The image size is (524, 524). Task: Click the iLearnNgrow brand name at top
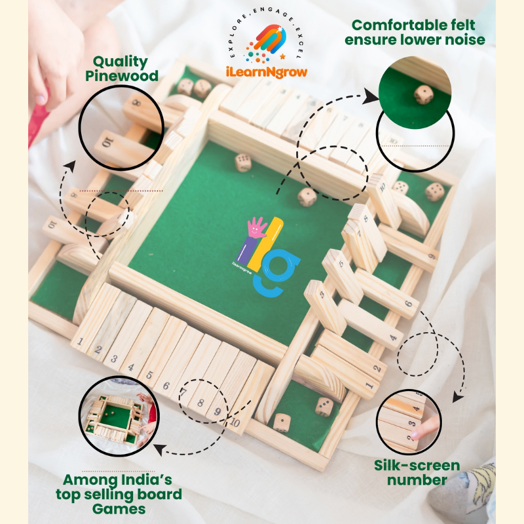[x=267, y=72]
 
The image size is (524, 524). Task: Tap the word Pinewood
[x=122, y=76]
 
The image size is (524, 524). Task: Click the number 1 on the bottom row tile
[x=80, y=341]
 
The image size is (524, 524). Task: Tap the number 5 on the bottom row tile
[x=149, y=375]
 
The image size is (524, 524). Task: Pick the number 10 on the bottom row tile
[x=234, y=422]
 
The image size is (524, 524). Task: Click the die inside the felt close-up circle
[x=423, y=94]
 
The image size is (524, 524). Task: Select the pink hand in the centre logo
[x=257, y=227]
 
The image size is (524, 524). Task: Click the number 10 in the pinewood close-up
[x=108, y=143]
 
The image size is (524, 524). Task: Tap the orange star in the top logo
[x=283, y=56]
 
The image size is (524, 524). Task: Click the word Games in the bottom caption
[x=119, y=509]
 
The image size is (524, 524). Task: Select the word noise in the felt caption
[x=465, y=40]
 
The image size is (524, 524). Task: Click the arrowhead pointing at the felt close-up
[x=371, y=96]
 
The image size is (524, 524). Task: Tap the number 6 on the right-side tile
[x=409, y=304]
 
